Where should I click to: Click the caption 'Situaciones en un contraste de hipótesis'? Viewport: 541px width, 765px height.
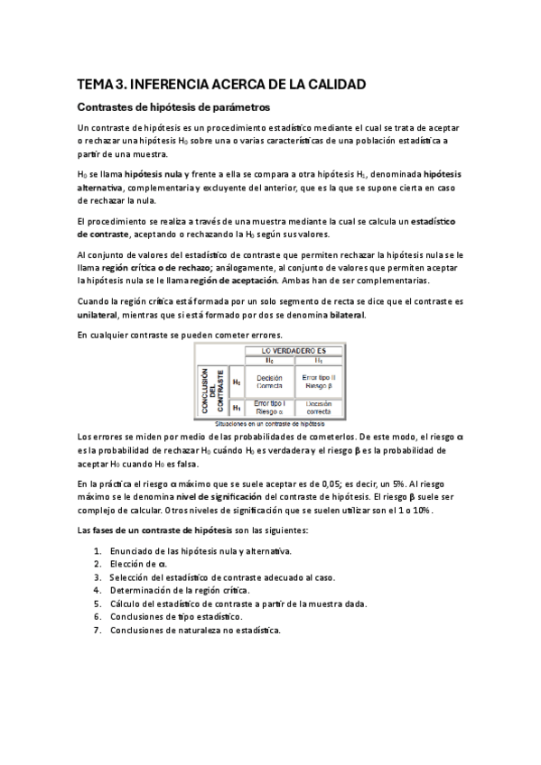click(270, 421)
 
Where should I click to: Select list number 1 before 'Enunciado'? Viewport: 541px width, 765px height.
click(98, 550)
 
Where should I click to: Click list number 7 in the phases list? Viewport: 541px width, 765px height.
click(98, 631)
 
